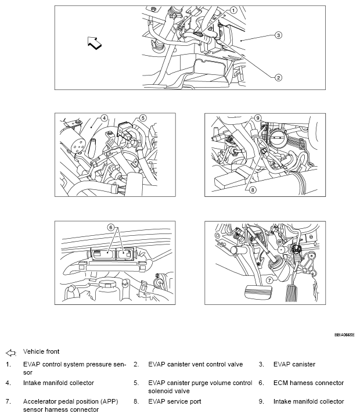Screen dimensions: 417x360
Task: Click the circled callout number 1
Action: pyautogui.click(x=233, y=10)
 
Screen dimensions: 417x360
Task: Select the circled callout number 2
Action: pyautogui.click(x=278, y=77)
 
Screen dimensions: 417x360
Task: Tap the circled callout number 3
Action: pyautogui.click(x=278, y=35)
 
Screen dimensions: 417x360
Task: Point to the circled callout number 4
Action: pyautogui.click(x=105, y=117)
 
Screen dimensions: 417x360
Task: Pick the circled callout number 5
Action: pyautogui.click(x=143, y=117)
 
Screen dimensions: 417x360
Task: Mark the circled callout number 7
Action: pyautogui.click(x=269, y=280)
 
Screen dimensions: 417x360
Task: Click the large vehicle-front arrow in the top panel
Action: pyautogui.click(x=93, y=42)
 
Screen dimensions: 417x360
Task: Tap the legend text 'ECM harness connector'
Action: pyautogui.click(x=308, y=383)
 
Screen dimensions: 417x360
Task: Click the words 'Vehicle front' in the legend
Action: pyautogui.click(x=41, y=352)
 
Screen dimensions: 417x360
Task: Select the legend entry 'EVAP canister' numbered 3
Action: pyautogui.click(x=296, y=365)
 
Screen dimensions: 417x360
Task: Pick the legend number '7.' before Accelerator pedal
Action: pyautogui.click(x=8, y=401)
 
